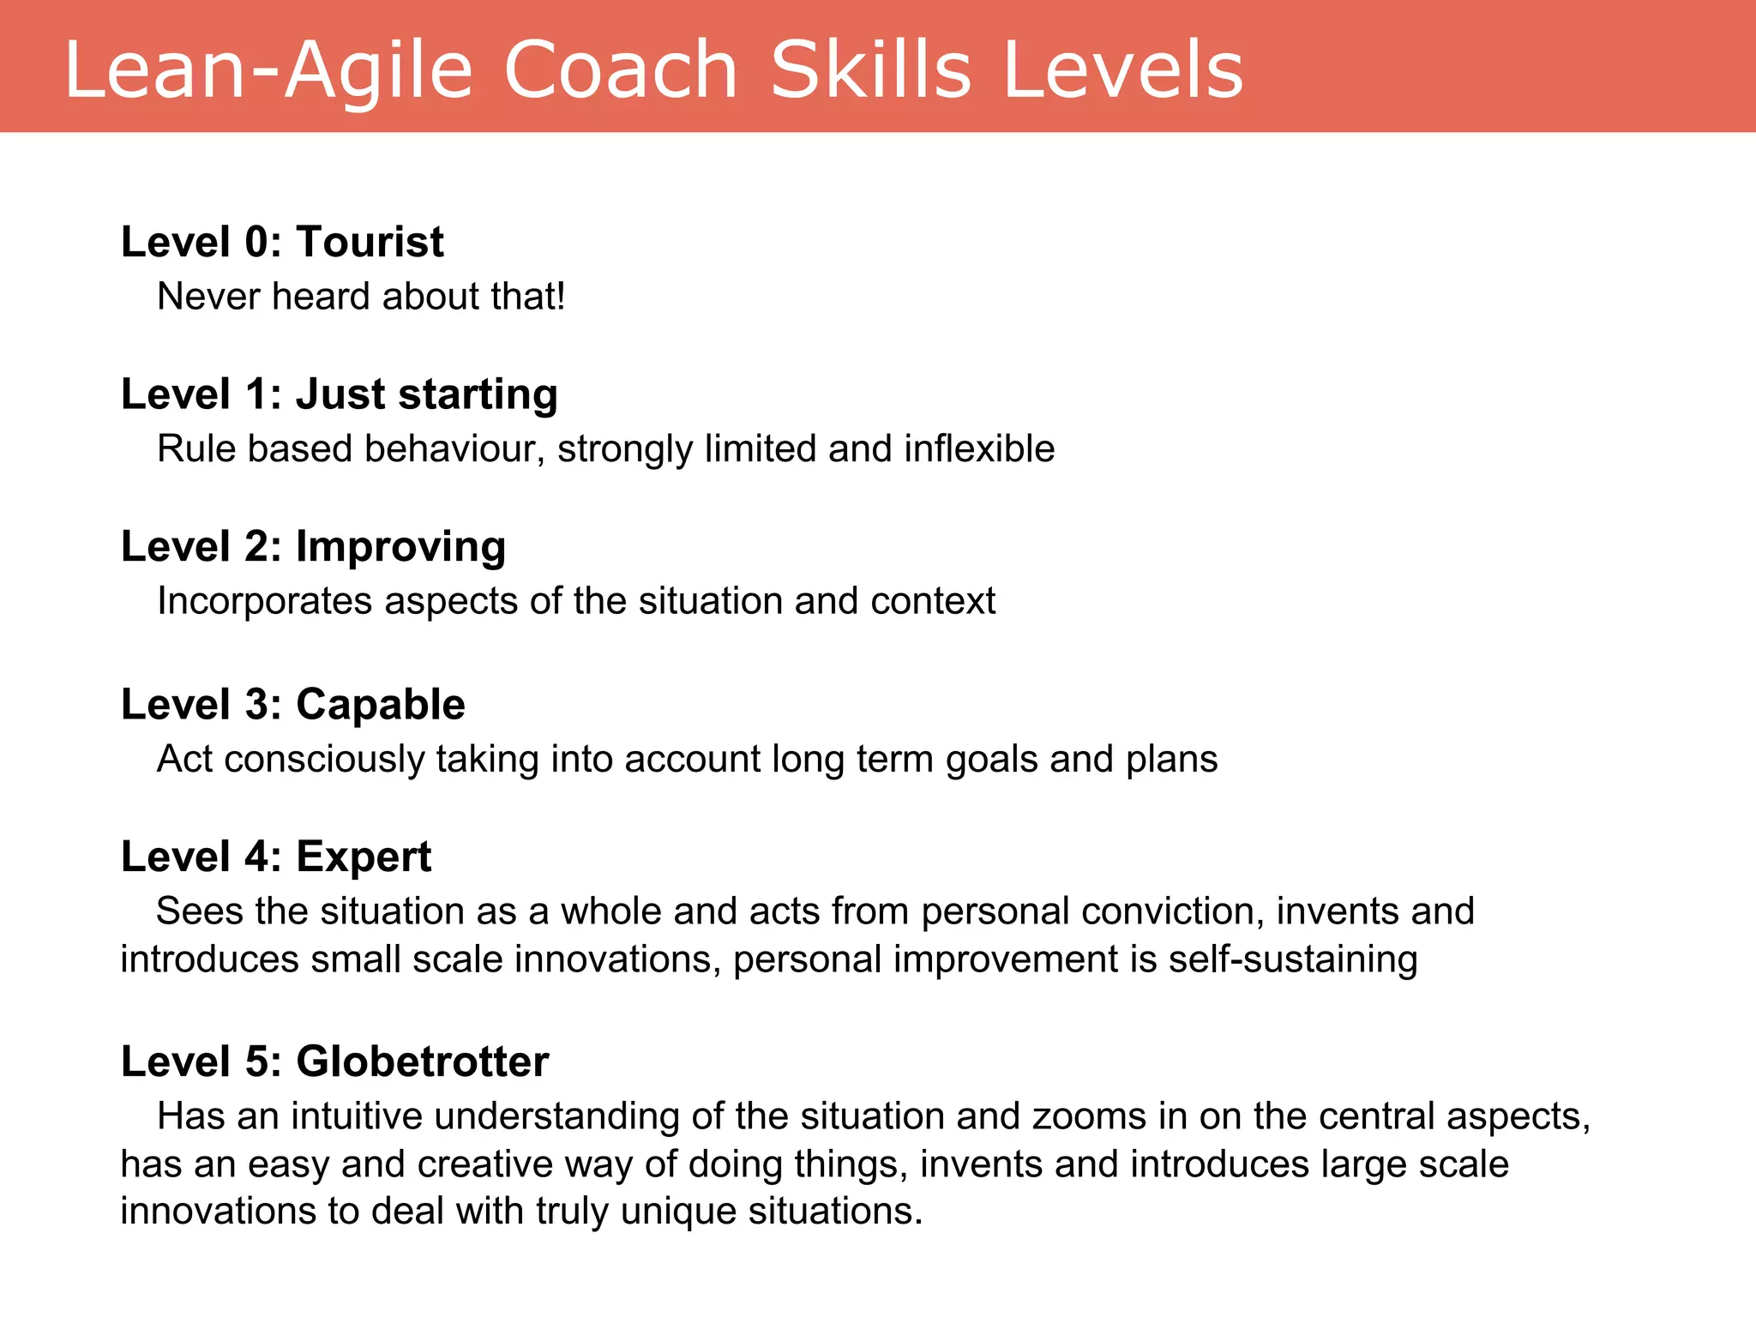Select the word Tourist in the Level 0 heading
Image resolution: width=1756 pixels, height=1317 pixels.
(370, 242)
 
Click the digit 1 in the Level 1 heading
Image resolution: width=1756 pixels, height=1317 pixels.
(256, 394)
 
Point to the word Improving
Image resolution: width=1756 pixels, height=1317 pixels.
(400, 547)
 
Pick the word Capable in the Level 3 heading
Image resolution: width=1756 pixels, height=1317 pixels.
(380, 705)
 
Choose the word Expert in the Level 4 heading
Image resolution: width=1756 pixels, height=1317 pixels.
(364, 857)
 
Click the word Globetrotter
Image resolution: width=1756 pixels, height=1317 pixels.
(422, 1061)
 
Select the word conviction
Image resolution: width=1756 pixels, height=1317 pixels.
(1173, 911)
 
